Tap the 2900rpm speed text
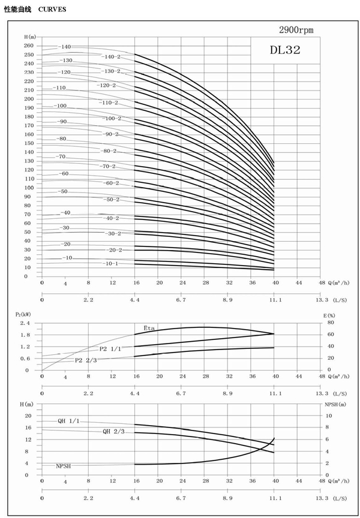[296, 30]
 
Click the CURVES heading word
[53, 10]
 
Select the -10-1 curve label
[111, 263]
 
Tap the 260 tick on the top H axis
[29, 46]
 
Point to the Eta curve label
[149, 327]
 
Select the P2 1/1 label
[110, 349]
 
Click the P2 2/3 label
[86, 360]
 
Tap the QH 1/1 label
[68, 421]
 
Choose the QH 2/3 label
[114, 431]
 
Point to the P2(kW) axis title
[22, 314]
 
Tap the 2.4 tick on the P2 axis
[26, 323]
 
